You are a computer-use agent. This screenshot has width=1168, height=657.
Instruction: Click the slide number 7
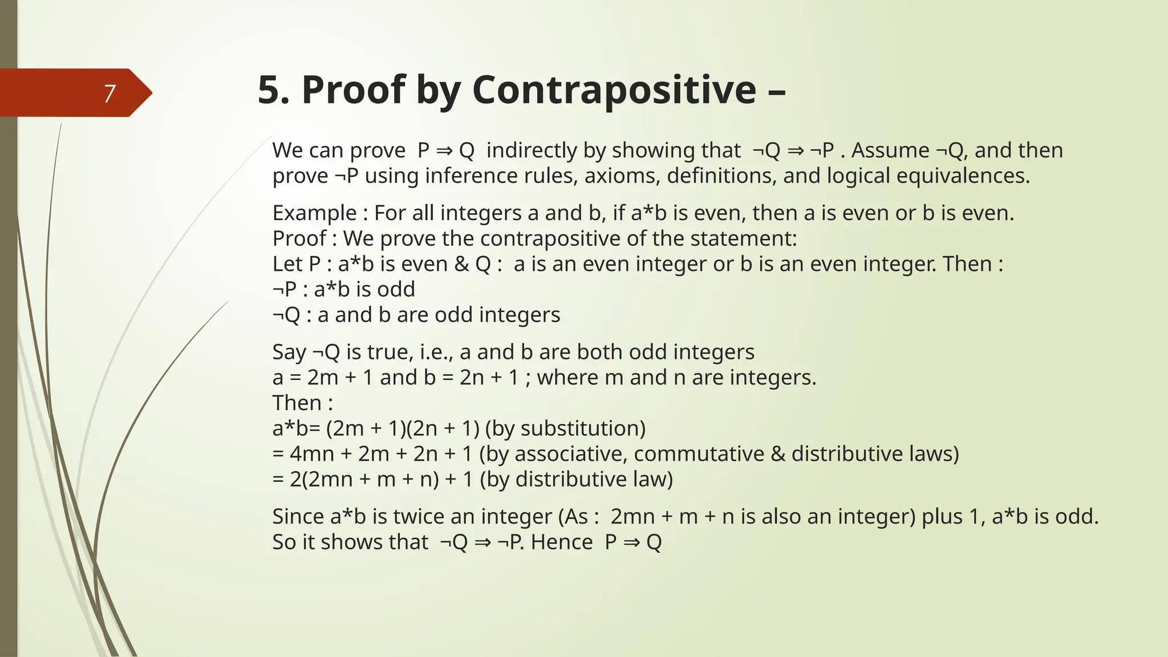[109, 94]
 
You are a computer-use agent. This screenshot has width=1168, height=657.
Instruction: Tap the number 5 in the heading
[269, 90]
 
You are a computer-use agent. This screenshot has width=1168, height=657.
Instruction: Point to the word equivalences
[963, 176]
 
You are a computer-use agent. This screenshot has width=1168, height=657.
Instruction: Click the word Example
[314, 213]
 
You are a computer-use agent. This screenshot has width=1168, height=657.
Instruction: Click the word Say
[289, 352]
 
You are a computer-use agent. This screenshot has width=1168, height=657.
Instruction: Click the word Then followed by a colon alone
[297, 403]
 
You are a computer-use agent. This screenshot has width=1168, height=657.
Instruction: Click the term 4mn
[312, 454]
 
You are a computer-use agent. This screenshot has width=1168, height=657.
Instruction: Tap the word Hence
[561, 542]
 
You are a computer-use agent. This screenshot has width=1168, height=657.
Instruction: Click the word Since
[298, 517]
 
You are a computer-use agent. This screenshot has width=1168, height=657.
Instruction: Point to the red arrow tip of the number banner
[145, 93]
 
